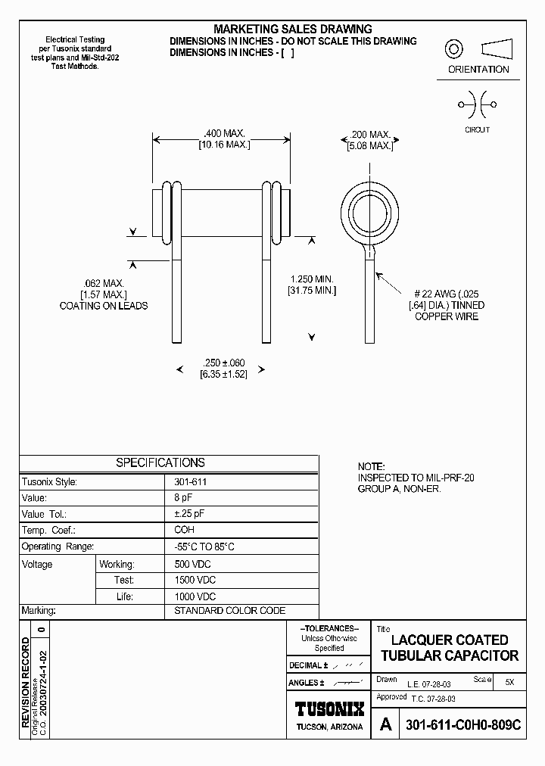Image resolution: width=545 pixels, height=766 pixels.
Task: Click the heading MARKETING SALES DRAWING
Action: [292, 29]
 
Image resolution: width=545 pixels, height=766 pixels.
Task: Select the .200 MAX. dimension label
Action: [369, 134]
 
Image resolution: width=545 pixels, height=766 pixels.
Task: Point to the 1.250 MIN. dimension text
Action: [312, 279]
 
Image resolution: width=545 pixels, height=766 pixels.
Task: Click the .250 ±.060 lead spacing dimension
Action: [223, 363]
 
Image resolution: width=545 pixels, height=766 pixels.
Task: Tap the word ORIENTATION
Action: [478, 70]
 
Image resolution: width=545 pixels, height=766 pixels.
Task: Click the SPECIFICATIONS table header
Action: [160, 462]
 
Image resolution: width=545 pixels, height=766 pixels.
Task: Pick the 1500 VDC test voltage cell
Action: [195, 580]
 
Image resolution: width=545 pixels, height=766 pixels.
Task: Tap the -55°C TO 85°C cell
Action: [204, 546]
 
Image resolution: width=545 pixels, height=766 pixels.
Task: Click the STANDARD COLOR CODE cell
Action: [229, 611]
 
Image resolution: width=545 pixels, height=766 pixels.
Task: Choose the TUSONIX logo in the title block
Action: [329, 708]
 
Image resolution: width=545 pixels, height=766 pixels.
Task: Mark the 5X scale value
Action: [509, 682]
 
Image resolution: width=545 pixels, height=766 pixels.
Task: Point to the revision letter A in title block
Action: [386, 724]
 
